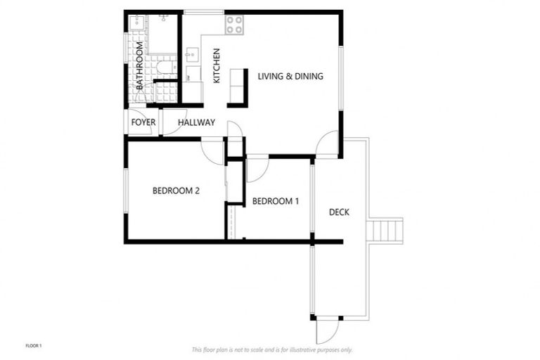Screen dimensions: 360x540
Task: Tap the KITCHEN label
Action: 217,66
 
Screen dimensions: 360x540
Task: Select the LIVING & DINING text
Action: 290,76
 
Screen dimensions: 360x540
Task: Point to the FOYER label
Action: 143,122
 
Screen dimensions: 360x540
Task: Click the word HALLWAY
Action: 196,122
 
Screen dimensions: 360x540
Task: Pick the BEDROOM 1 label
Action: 276,201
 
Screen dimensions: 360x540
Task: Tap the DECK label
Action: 339,212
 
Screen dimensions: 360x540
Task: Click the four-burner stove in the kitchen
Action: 234,25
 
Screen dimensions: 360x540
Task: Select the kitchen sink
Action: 192,56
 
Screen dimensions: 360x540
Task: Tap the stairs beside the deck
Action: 385,230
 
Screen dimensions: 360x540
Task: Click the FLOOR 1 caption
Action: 34,345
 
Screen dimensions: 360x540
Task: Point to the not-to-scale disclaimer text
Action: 272,349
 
